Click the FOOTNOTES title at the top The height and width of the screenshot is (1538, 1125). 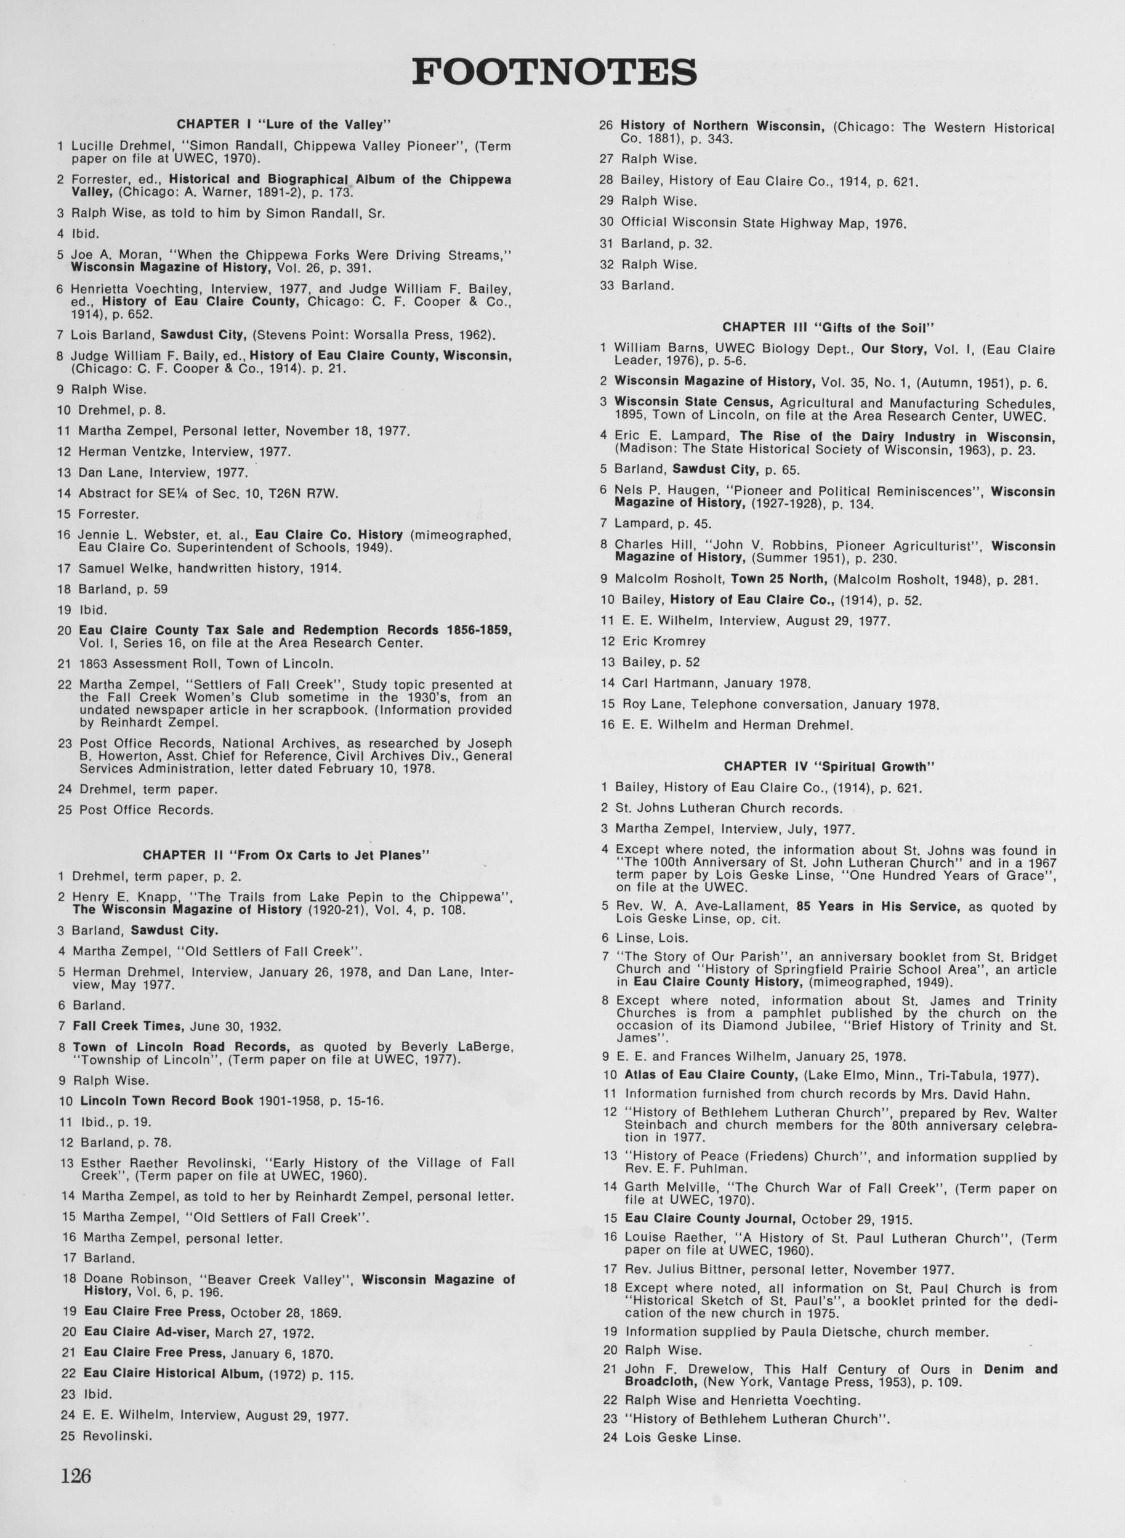click(554, 71)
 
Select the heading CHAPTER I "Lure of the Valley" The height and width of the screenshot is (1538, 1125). click(283, 124)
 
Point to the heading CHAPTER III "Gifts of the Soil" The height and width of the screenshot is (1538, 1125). click(828, 327)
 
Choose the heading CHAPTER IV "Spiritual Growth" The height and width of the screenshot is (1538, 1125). click(828, 766)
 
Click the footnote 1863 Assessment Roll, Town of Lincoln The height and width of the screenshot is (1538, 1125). click(206, 663)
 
